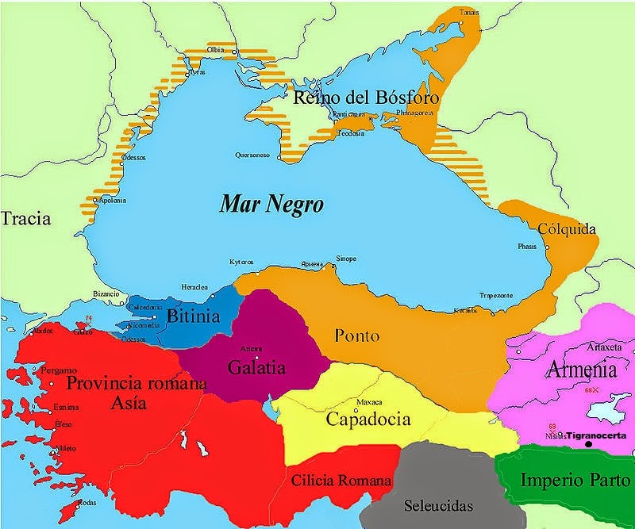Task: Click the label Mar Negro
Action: [x=272, y=205]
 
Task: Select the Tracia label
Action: [x=25, y=220]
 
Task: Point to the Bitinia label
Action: [x=193, y=316]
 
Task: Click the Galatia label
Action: [x=256, y=367]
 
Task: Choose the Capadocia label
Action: [x=368, y=419]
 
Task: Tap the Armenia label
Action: [x=581, y=370]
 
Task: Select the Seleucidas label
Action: [x=437, y=505]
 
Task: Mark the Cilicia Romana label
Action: [x=341, y=481]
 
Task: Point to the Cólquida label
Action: [x=567, y=229]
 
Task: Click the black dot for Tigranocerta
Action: [x=588, y=444]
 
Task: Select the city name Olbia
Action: [x=215, y=50]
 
